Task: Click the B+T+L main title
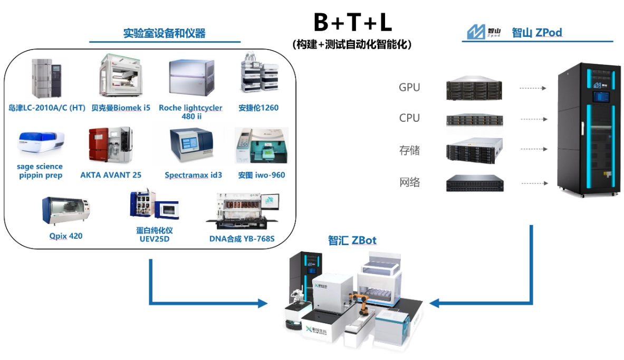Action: coord(352,23)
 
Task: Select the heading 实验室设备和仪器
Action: coord(164,34)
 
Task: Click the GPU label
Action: coord(409,87)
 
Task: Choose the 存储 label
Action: coord(409,151)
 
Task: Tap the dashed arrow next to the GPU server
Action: coord(532,89)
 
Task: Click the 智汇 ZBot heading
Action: coord(352,241)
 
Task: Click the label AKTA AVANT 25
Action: coord(111,175)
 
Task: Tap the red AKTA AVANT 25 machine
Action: coord(110,144)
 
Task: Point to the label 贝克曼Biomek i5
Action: coord(121,108)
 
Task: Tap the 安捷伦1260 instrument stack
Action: coord(258,76)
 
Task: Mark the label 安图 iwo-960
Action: coord(261,175)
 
